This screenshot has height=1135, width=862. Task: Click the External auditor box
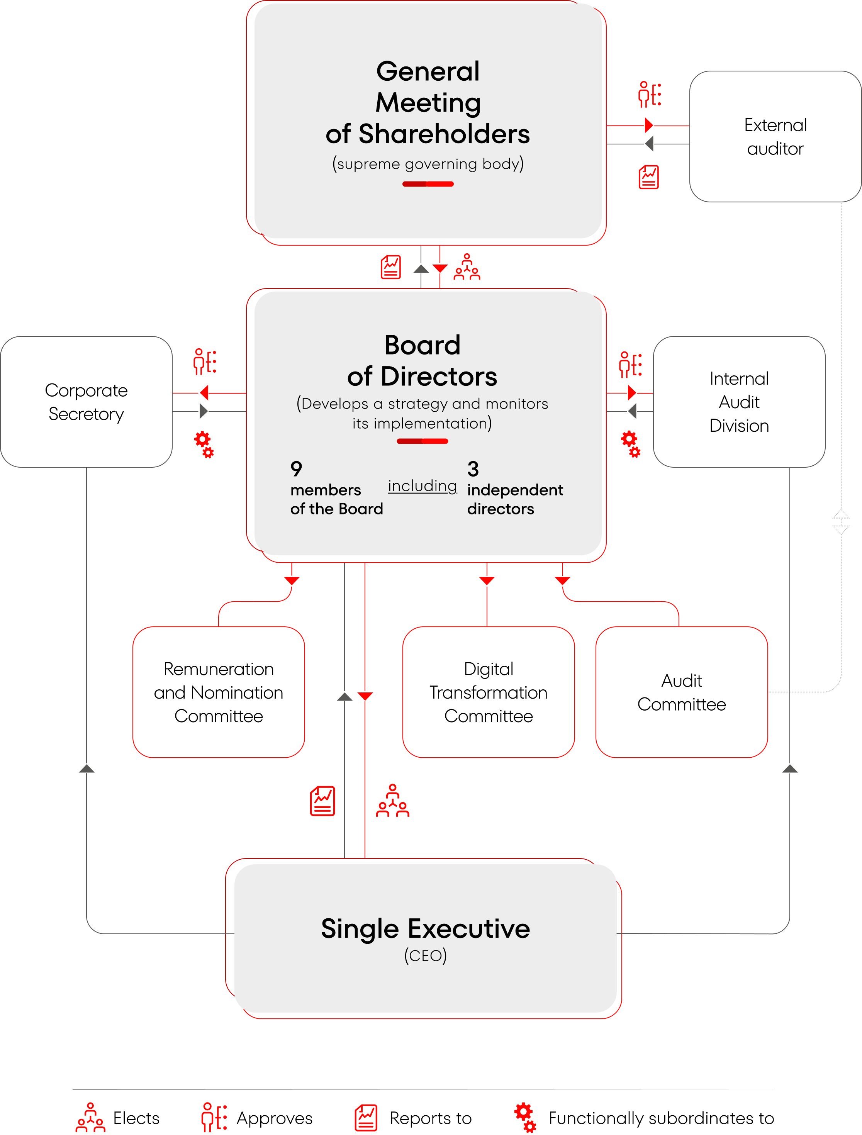pos(775,136)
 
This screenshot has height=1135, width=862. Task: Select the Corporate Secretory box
pos(86,402)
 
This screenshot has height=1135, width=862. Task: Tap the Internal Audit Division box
pos(739,402)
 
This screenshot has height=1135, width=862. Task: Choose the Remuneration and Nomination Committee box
pos(219,692)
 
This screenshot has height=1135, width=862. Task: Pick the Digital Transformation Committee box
pos(489,692)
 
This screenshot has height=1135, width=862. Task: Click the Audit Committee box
pos(681,692)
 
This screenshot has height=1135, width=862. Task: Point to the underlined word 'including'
pos(422,485)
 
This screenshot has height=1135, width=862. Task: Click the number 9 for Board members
pos(297,468)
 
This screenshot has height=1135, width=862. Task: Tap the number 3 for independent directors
pos(473,468)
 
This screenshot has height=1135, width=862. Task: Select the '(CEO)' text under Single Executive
pos(425,955)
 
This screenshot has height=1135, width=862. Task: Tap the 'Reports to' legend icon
pos(366,1118)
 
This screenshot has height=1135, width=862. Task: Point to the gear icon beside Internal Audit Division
pos(631,444)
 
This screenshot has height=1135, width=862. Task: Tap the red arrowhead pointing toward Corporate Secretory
pos(204,393)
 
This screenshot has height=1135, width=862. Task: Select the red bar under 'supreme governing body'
pos(428,184)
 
